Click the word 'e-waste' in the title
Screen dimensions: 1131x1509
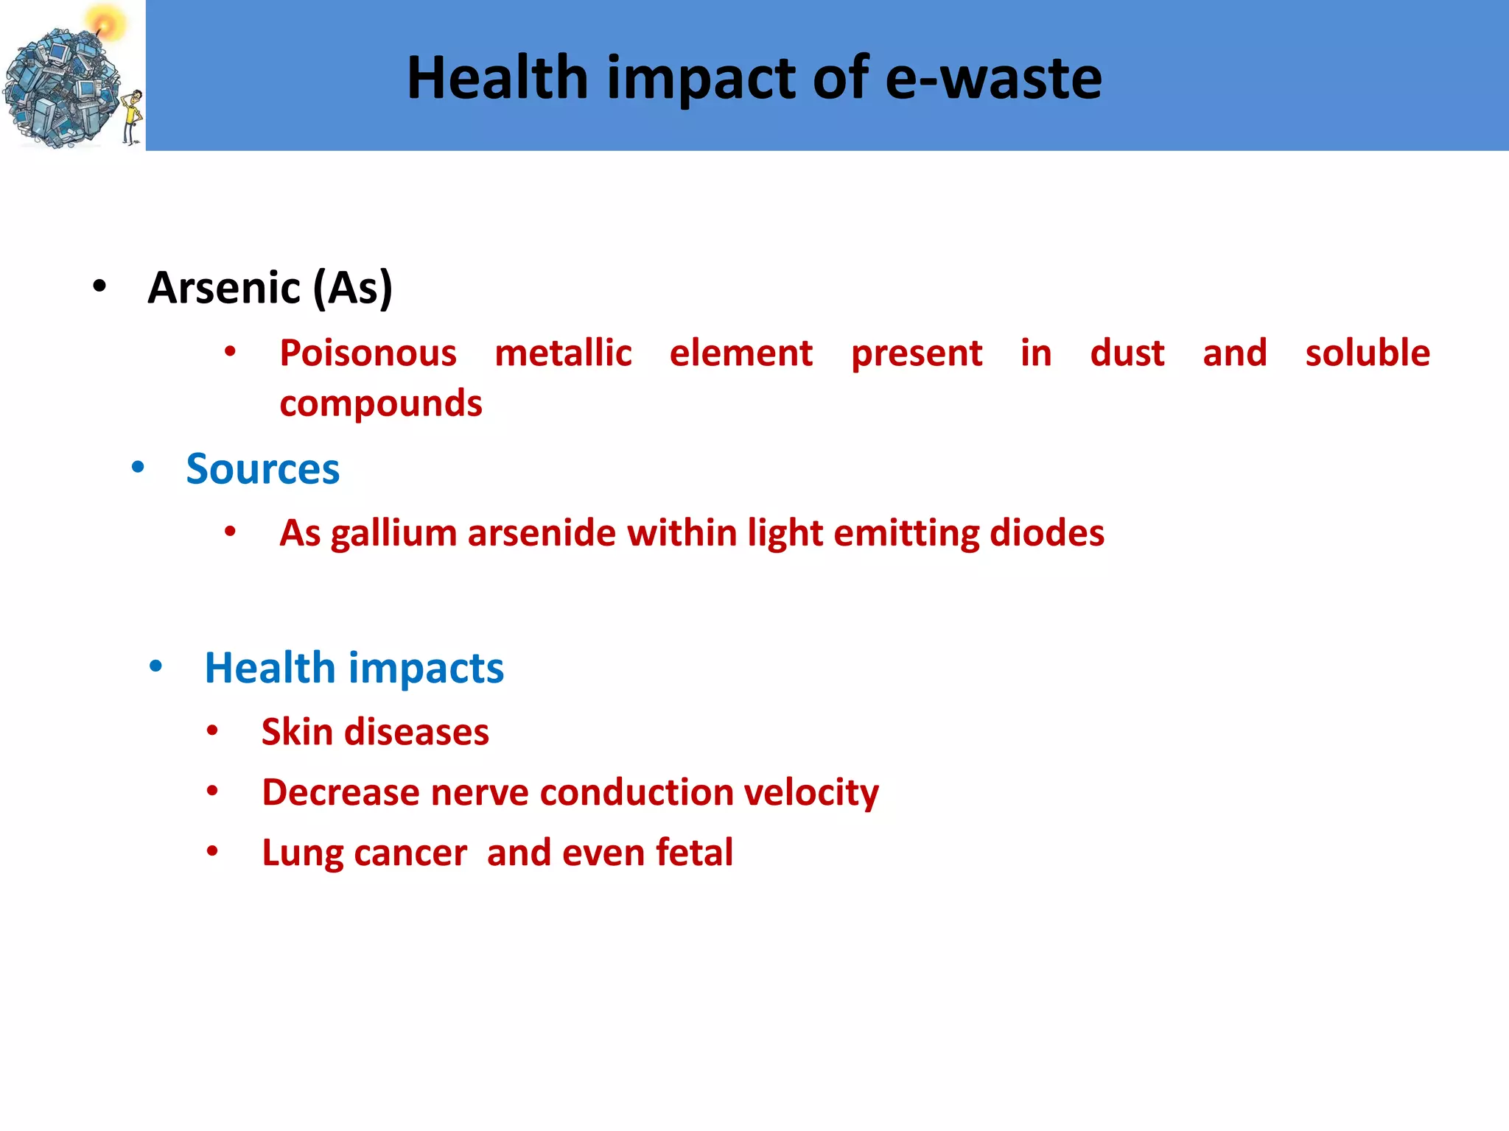992,78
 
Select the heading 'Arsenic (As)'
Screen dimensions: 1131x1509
270,287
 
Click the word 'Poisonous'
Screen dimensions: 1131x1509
368,353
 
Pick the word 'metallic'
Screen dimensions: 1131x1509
563,353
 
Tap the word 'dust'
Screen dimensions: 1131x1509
1127,353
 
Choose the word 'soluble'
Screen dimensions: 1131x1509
1367,353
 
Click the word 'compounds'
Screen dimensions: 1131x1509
381,404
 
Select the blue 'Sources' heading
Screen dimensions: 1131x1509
262,469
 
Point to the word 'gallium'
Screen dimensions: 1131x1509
393,533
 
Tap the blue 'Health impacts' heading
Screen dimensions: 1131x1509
354,668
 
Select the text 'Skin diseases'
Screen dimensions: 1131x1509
375,732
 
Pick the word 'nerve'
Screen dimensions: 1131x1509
479,793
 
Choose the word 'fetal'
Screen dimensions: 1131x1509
694,853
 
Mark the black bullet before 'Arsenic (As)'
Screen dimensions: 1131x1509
99,286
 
